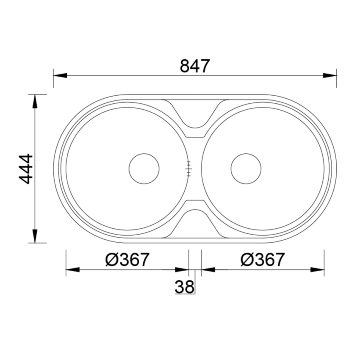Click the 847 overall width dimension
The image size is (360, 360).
pyautogui.click(x=195, y=66)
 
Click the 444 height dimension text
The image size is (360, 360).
pyautogui.click(x=27, y=169)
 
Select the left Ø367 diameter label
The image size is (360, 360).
pyautogui.click(x=127, y=260)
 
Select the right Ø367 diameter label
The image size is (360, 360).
pyautogui.click(x=262, y=260)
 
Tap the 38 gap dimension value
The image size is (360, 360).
pyautogui.click(x=184, y=287)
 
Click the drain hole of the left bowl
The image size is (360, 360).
pyautogui.click(x=144, y=169)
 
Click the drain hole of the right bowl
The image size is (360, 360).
pyautogui.click(x=246, y=169)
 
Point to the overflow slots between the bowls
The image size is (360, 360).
pyautogui.click(x=188, y=169)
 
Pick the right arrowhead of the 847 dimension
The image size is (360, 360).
pyautogui.click(x=330, y=76)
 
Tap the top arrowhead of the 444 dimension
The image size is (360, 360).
pyautogui.click(x=34, y=101)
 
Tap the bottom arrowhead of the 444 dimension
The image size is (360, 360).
pyautogui.click(x=34, y=236)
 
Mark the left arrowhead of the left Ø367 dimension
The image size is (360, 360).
pyautogui.click(x=73, y=269)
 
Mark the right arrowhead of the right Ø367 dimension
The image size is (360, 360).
pyautogui.click(x=318, y=269)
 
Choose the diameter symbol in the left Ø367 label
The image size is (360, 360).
pyautogui.click(x=111, y=260)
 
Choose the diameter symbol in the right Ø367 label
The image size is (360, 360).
pyautogui.click(x=246, y=260)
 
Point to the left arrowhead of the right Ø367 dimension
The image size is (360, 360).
pyautogui.click(x=208, y=269)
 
